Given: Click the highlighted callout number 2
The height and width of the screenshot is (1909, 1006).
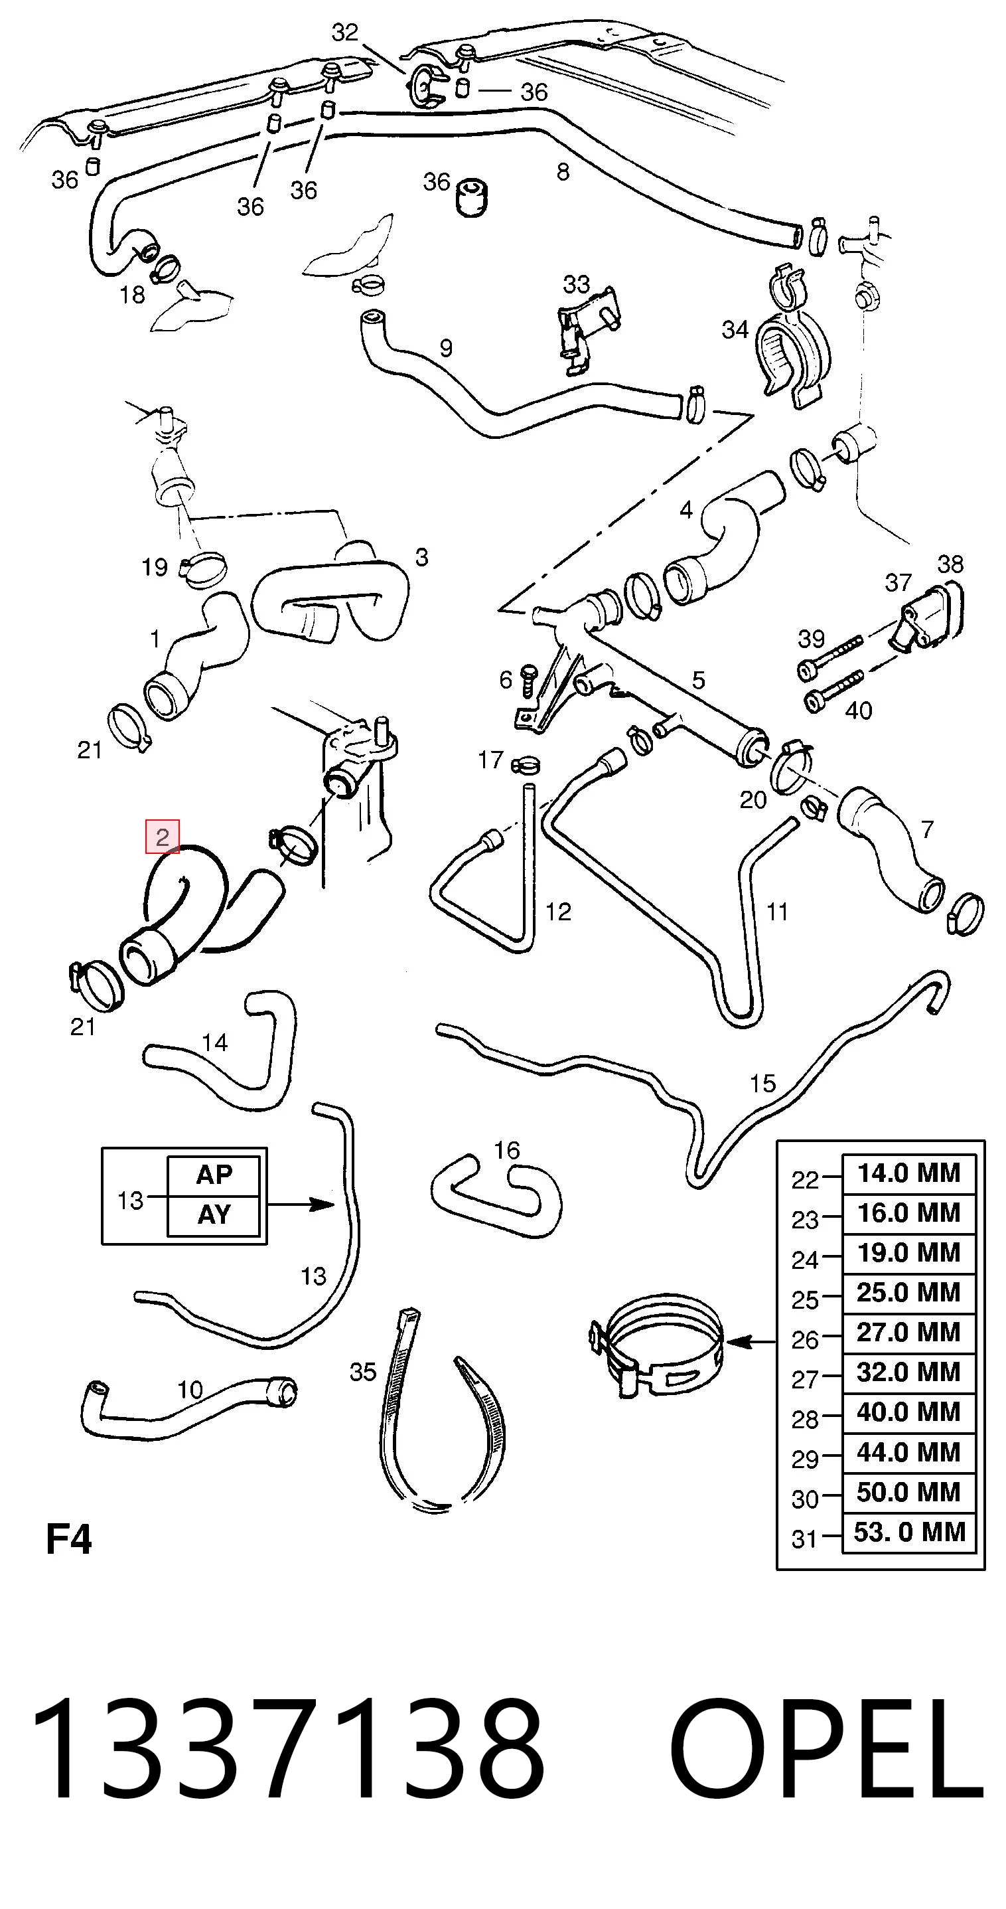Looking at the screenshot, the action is click(162, 837).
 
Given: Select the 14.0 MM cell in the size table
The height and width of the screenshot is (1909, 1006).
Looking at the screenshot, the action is click(908, 1173).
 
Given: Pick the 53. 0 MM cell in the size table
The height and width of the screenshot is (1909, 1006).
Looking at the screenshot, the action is click(908, 1532).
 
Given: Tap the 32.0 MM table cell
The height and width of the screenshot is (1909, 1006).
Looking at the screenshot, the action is click(908, 1372).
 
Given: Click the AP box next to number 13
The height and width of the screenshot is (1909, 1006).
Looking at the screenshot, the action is click(214, 1175).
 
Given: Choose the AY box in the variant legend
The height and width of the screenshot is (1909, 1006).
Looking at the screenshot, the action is click(214, 1215).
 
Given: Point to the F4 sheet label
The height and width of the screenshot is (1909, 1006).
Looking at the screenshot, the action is click(69, 1540).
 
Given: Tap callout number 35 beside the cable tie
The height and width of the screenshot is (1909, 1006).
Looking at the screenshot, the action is click(363, 1372).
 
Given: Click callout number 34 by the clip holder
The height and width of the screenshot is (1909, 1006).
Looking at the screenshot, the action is click(735, 329).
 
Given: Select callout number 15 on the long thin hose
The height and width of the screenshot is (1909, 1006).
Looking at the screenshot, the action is click(762, 1084).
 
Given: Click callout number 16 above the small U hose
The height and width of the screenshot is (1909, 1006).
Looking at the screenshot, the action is click(507, 1150).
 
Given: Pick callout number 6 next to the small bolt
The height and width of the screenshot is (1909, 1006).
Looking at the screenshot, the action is click(506, 679).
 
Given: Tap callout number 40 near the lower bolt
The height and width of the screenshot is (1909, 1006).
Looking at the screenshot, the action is click(859, 710).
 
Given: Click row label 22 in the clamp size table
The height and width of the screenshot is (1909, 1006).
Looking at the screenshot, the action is click(805, 1180).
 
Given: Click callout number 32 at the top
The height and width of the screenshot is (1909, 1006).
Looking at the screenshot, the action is click(345, 32).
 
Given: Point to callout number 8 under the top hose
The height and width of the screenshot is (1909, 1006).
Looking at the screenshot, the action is click(563, 172).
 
